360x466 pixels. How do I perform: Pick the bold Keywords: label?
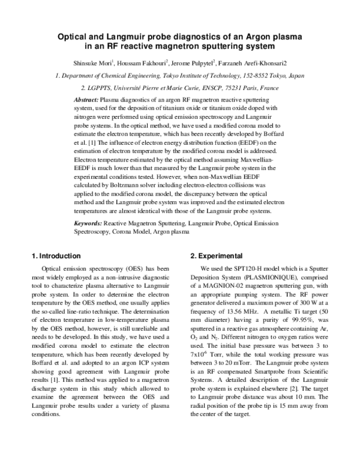88,223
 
